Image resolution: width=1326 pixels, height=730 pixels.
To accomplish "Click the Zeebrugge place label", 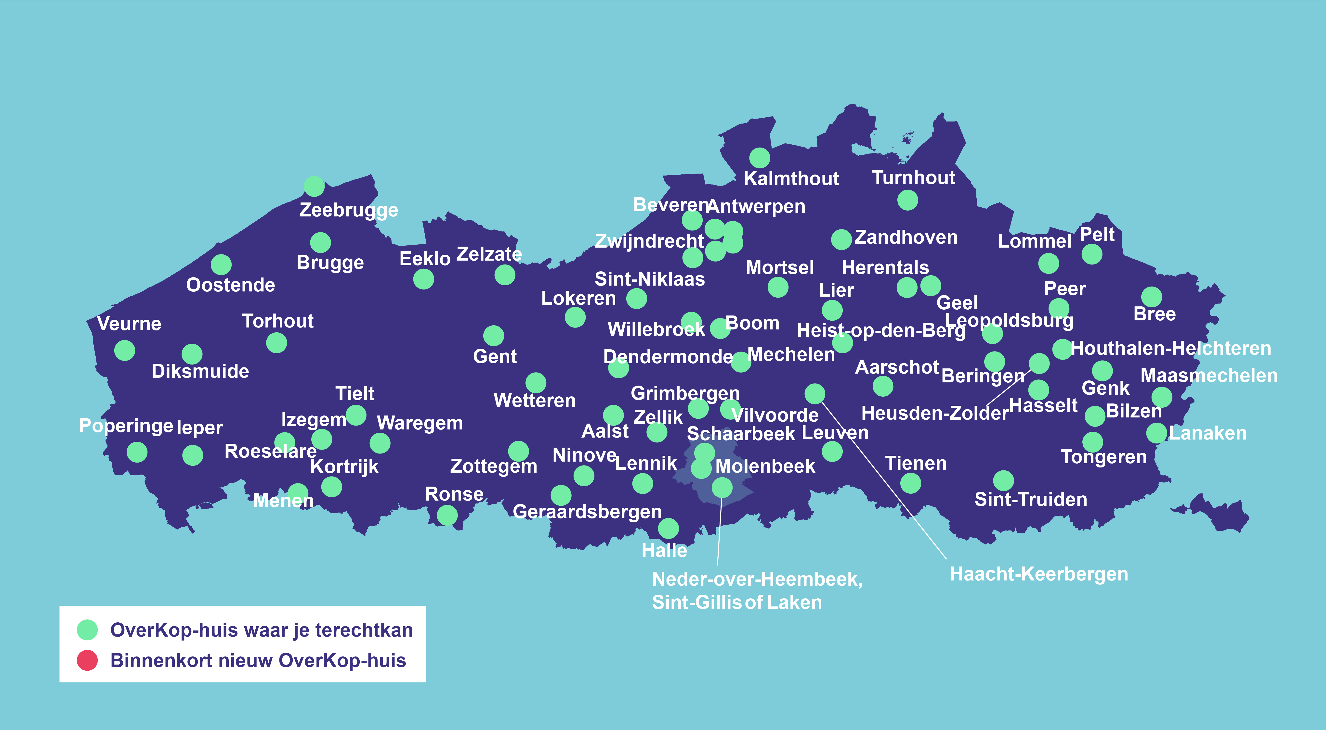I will coord(348,210).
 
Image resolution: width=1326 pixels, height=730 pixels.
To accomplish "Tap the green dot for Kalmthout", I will coord(759,158).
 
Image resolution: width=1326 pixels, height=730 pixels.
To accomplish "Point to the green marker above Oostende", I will coord(221,264).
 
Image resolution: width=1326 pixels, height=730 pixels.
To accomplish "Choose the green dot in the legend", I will coord(87,630).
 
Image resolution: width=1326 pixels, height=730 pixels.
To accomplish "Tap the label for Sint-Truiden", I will coord(1031,499).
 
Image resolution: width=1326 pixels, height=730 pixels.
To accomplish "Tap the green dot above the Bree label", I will coord(1152,297).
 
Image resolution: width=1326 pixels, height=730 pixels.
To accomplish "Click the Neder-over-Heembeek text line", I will coord(757,579).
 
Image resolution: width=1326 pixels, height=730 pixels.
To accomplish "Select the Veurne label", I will coord(129,324).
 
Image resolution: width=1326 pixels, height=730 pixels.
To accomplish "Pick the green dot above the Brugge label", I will coord(320,242).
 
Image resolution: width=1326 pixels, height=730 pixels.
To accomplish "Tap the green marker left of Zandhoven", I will coord(841,239).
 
